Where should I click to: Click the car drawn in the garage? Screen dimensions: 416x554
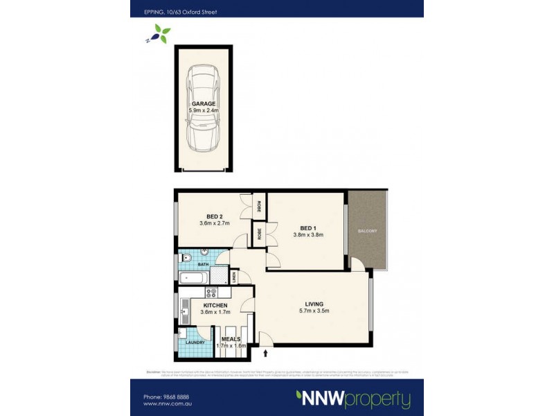click(203, 109)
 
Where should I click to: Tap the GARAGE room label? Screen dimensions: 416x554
click(203, 103)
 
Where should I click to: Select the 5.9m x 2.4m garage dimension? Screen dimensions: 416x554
click(203, 111)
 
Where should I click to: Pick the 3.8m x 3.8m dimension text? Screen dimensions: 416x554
click(308, 235)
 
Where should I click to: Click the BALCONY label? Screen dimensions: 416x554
click(367, 231)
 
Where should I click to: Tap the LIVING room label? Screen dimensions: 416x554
click(315, 303)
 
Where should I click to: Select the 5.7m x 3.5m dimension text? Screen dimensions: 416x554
click(315, 311)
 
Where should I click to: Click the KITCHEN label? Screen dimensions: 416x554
click(215, 305)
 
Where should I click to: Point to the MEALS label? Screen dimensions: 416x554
click(231, 339)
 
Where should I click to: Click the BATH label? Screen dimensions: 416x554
click(203, 264)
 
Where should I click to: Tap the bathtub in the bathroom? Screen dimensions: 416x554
click(195, 278)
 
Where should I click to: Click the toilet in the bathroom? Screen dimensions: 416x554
click(184, 258)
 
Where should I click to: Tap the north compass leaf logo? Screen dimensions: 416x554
click(161, 33)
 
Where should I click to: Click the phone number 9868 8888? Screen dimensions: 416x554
click(170, 397)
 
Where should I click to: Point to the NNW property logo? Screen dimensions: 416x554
click(353, 398)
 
